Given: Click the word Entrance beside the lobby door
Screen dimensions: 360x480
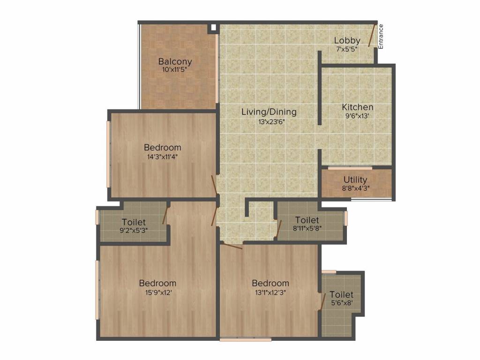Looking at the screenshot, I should [x=381, y=37].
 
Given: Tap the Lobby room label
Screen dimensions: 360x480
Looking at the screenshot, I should [x=347, y=41].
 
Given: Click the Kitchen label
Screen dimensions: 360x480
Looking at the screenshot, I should [x=357, y=107].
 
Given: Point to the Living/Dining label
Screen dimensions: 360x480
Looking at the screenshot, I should [x=269, y=112].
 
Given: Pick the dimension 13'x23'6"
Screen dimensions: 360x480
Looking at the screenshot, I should [x=269, y=121].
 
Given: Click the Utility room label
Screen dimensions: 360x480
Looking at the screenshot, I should [x=355, y=180].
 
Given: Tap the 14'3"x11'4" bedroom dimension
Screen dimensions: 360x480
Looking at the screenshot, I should [x=162, y=157].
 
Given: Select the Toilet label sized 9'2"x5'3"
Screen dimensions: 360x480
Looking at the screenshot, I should [x=134, y=222].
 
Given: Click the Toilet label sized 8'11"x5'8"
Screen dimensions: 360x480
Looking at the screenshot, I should [x=307, y=220].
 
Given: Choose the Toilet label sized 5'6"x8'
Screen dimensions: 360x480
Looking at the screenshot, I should [x=341, y=295].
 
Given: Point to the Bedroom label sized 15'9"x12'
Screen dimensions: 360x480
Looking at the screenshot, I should [x=157, y=283].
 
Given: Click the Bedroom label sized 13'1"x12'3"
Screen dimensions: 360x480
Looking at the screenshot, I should [x=270, y=283].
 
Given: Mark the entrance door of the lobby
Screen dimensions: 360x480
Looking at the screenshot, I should [x=372, y=36].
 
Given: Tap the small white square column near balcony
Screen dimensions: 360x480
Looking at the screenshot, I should [x=213, y=27].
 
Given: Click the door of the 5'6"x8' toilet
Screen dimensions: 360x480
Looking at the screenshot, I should [x=322, y=301].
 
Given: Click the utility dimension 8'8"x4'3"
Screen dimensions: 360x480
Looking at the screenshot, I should [x=355, y=189].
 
